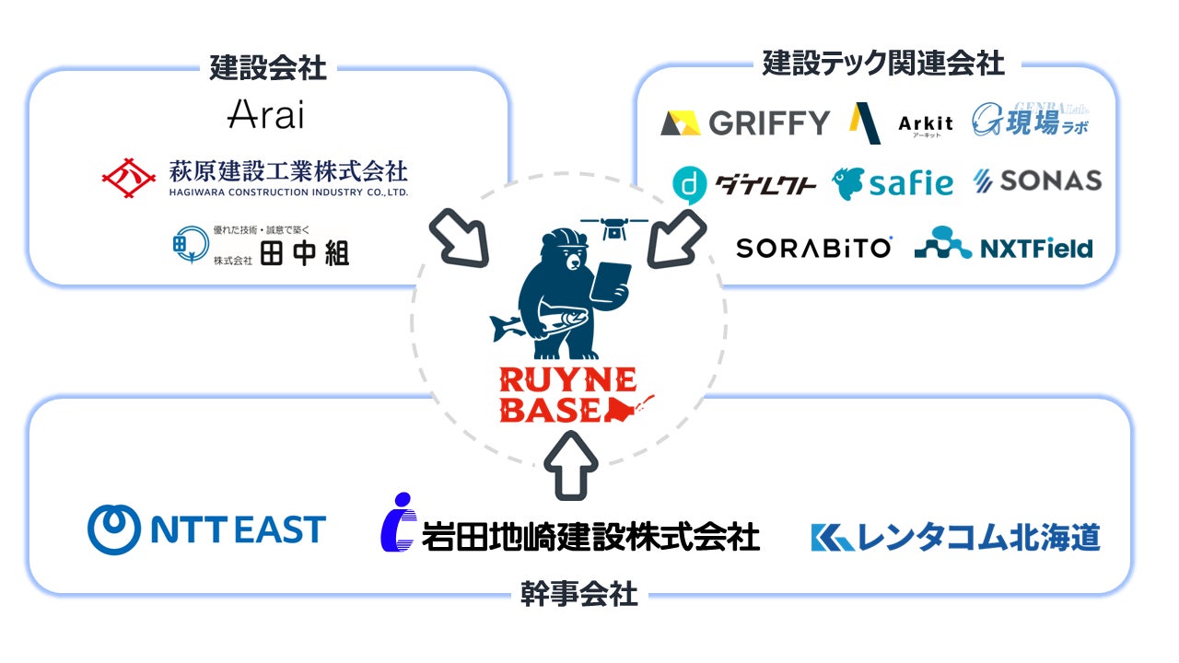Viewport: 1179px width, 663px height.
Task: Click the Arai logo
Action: pyautogui.click(x=265, y=114)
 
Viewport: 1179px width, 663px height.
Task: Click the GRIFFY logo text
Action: pyautogui.click(x=769, y=122)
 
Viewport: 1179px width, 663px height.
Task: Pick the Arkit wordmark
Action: pyautogui.click(x=925, y=123)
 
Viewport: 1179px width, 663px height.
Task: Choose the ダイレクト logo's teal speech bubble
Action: pyautogui.click(x=689, y=184)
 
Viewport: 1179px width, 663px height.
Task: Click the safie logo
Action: pyautogui.click(x=893, y=183)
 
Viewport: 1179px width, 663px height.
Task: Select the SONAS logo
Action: pyautogui.click(x=1037, y=181)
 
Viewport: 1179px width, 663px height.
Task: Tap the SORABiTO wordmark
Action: pyautogui.click(x=813, y=248)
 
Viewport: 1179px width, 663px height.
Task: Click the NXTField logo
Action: pyautogui.click(x=1003, y=244)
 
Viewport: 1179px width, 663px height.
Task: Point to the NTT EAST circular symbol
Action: pyautogui.click(x=114, y=529)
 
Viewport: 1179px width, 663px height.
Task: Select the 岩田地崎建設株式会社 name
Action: pyautogui.click(x=590, y=535)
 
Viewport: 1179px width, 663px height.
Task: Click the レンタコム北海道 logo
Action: pyautogui.click(x=955, y=537)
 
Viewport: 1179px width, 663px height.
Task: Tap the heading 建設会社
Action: pyautogui.click(x=267, y=67)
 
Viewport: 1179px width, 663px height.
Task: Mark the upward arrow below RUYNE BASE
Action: pyautogui.click(x=571, y=466)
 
